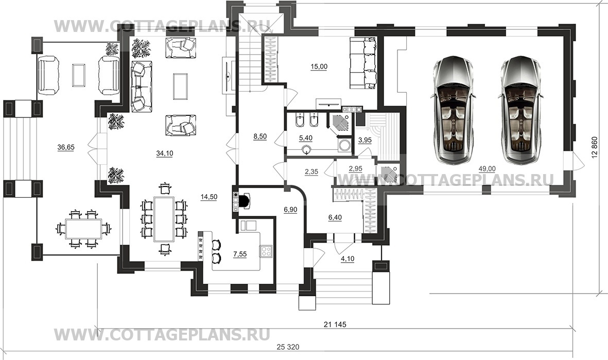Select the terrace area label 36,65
66,147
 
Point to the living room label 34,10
165,152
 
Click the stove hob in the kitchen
266,251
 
